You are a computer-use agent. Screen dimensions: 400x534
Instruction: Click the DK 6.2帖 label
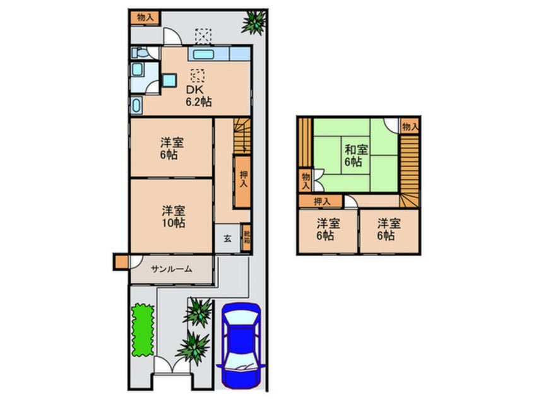(x=198, y=95)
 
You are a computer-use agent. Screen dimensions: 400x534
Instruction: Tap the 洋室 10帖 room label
(x=172, y=216)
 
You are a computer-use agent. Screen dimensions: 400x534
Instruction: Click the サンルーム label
(x=171, y=269)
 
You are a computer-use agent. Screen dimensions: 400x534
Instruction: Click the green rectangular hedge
(x=143, y=329)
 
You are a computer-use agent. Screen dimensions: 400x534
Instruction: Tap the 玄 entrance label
(x=227, y=238)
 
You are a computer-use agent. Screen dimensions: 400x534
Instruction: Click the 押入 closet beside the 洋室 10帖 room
(x=243, y=182)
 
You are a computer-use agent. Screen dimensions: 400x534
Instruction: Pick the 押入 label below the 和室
(x=322, y=201)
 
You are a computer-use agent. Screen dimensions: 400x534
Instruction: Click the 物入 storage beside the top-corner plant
(x=145, y=17)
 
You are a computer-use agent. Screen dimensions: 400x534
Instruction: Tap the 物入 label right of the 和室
(x=410, y=127)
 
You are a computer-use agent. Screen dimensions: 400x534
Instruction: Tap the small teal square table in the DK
(x=169, y=79)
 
